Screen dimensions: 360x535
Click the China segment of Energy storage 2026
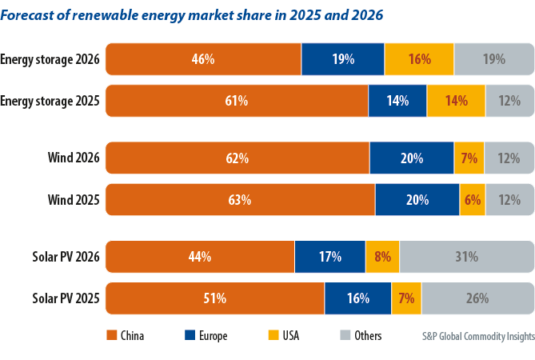point(203,59)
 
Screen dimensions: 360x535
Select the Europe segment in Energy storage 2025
point(397,101)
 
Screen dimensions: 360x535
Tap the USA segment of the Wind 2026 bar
point(469,158)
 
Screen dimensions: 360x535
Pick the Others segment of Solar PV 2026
point(466,257)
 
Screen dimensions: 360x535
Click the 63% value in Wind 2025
point(239,200)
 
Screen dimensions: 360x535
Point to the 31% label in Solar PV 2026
point(466,257)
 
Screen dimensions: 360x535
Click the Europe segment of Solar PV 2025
point(357,298)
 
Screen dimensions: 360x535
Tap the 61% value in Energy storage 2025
point(236,101)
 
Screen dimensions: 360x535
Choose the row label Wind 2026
point(74,158)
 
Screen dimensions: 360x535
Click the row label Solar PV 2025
point(66,298)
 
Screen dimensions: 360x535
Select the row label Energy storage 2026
point(50,59)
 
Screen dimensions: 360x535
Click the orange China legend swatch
point(111,336)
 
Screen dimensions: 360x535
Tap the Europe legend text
point(214,336)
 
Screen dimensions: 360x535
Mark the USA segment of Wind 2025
point(472,200)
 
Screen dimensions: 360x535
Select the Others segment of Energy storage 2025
point(509,101)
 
